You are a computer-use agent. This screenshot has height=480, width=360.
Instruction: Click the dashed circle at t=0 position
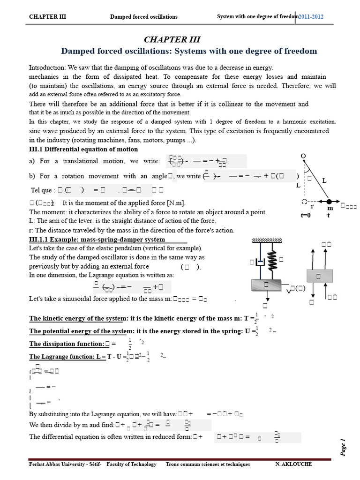(305, 202)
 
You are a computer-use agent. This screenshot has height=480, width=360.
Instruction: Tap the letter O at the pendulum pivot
(303, 156)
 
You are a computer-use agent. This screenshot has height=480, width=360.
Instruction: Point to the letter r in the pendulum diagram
(312, 206)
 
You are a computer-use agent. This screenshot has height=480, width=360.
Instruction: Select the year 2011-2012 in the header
(311, 17)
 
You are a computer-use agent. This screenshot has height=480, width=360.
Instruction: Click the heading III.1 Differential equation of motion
(83, 149)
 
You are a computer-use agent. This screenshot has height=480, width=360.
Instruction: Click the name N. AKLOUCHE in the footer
(293, 464)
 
